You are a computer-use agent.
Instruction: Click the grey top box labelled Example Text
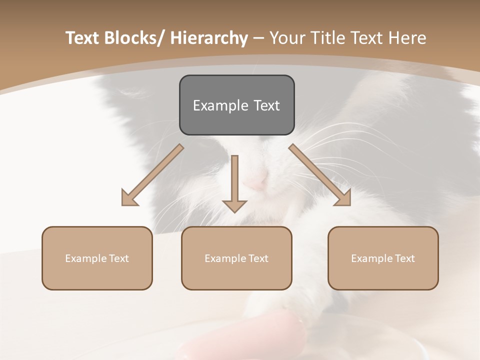pyautogui.click(x=236, y=105)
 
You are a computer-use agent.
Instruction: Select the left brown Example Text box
pyautogui.click(x=97, y=258)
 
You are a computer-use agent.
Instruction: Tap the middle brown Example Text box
pyautogui.click(x=236, y=258)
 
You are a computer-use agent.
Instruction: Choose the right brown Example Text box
pyautogui.click(x=383, y=258)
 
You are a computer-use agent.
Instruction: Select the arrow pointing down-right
pyautogui.click(x=320, y=175)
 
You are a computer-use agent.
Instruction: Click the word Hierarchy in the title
pyautogui.click(x=209, y=38)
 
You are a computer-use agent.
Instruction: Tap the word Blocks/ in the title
pyautogui.click(x=134, y=38)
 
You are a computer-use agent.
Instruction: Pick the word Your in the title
pyautogui.click(x=287, y=38)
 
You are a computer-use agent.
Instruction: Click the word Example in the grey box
pyautogui.click(x=220, y=105)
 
